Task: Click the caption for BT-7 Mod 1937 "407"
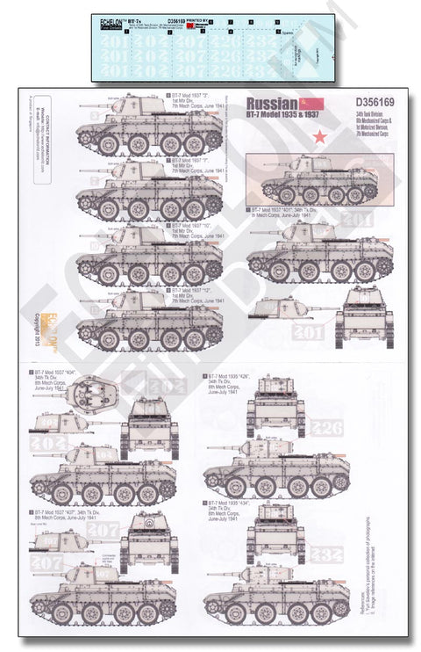72,515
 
